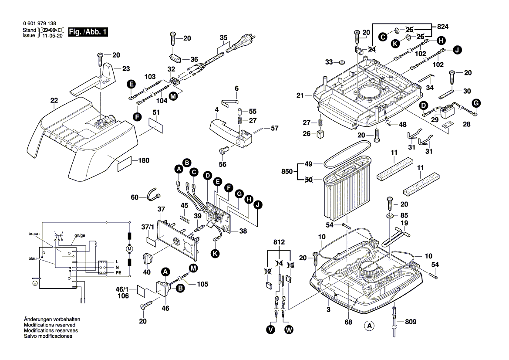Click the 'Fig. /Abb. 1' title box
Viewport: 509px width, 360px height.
pos(88,32)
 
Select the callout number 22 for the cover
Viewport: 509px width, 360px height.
pos(54,101)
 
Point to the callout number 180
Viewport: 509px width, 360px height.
pos(144,160)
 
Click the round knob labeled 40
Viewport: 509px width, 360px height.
pos(148,258)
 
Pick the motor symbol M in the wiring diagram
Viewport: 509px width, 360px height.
pos(129,249)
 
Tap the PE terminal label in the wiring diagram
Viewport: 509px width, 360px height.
pos(118,272)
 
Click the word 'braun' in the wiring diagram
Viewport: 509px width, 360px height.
pos(34,234)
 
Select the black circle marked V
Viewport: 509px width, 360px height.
pos(271,330)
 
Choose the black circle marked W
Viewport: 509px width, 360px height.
pos(289,330)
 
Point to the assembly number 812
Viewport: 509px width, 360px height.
pos(279,242)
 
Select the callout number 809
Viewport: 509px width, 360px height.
pos(410,322)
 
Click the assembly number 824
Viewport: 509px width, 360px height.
pos(442,27)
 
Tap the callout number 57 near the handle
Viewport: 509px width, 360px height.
pos(274,128)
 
